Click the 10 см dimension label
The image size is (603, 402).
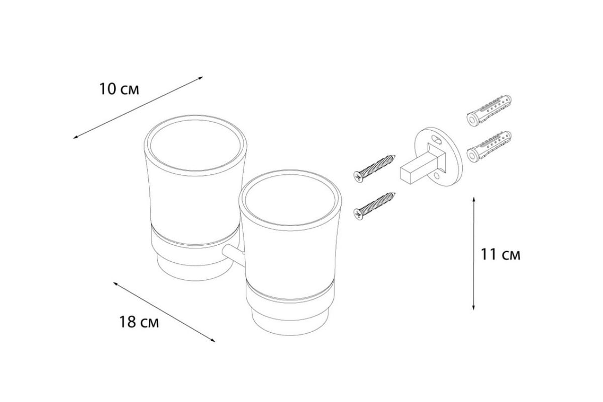pos(119,89)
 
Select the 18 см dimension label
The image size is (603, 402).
pos(139,322)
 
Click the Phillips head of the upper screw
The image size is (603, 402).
pos(358,176)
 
